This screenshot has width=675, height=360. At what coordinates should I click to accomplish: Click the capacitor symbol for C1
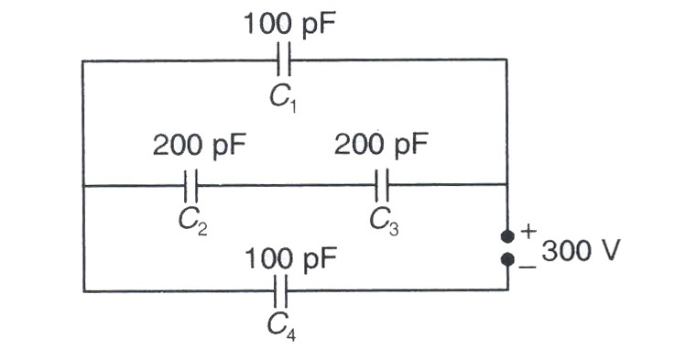pyautogui.click(x=284, y=60)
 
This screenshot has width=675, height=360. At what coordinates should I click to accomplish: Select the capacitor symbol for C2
pyautogui.click(x=191, y=186)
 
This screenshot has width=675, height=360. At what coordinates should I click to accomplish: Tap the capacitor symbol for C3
pyautogui.click(x=382, y=185)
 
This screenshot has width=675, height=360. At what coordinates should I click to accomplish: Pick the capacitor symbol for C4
pyautogui.click(x=280, y=291)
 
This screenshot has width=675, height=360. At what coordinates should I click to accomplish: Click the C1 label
pyautogui.click(x=283, y=98)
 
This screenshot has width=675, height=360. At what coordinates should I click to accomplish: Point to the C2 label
pyautogui.click(x=192, y=222)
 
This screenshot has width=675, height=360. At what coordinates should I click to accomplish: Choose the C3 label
pyautogui.click(x=384, y=222)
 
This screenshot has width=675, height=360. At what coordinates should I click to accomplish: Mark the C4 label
pyautogui.click(x=281, y=326)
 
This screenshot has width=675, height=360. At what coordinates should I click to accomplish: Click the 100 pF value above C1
pyautogui.click(x=289, y=24)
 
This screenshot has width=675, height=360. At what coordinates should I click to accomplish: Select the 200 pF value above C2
pyautogui.click(x=199, y=145)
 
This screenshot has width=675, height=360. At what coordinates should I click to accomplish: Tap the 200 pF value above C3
pyautogui.click(x=381, y=144)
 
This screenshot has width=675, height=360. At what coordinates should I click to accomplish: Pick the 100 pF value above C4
pyautogui.click(x=290, y=259)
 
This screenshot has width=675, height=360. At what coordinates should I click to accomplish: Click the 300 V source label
pyautogui.click(x=581, y=251)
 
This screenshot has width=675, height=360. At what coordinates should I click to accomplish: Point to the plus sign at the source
pyautogui.click(x=528, y=232)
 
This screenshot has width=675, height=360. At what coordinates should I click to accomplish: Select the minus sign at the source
pyautogui.click(x=528, y=267)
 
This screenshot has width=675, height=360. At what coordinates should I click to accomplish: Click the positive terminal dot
pyautogui.click(x=507, y=236)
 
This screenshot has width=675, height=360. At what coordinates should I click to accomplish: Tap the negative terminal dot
pyautogui.click(x=507, y=259)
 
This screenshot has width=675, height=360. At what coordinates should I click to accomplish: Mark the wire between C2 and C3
pyautogui.click(x=287, y=186)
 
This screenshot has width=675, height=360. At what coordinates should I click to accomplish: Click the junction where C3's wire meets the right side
pyautogui.click(x=507, y=185)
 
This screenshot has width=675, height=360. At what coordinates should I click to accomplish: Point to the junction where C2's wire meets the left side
pyautogui.click(x=83, y=186)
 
